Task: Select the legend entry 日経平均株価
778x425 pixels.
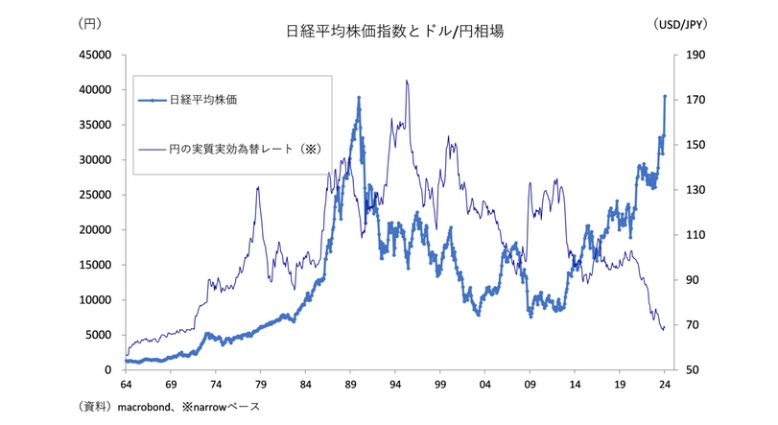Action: coord(202,100)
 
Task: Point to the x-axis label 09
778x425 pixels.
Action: coord(530,382)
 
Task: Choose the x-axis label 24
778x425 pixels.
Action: coord(664,382)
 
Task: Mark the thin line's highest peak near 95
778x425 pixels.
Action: coord(407,81)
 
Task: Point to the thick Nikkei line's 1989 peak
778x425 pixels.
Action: coord(358,97)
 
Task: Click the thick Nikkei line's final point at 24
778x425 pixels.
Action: coord(665,96)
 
